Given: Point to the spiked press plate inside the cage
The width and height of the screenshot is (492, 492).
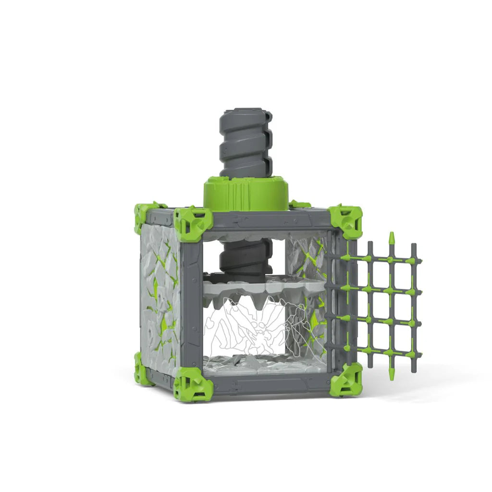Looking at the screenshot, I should [x=259, y=291].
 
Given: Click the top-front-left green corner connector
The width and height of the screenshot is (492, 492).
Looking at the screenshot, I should [x=192, y=223].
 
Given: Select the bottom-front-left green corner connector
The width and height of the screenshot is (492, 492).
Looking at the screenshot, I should [x=192, y=384].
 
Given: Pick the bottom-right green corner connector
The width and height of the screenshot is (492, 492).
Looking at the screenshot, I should [x=346, y=380].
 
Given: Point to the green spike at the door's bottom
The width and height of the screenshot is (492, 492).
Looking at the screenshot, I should [x=392, y=372].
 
